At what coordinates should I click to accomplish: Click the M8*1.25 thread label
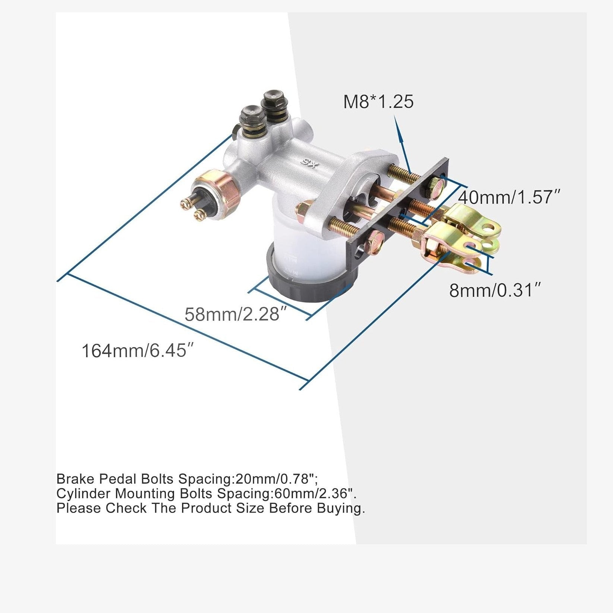378,101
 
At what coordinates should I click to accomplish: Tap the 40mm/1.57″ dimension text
509,197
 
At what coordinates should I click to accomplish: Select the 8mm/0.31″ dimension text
495,290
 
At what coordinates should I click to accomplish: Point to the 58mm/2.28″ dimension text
238,314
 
